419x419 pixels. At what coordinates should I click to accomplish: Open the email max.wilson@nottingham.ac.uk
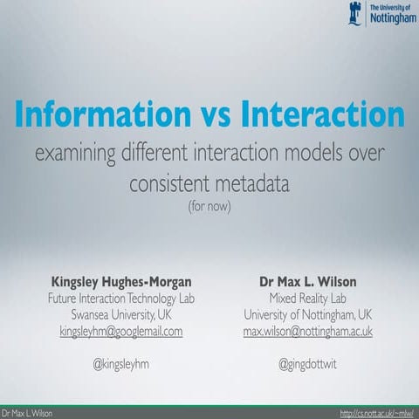[x=308, y=332]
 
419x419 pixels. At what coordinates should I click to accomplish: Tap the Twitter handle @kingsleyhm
[x=121, y=365]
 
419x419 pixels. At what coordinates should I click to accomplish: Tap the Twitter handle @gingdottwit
[x=308, y=365]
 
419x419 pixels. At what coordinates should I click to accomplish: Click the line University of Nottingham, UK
[x=308, y=314]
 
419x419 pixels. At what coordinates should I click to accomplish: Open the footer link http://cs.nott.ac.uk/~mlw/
[x=377, y=411]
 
